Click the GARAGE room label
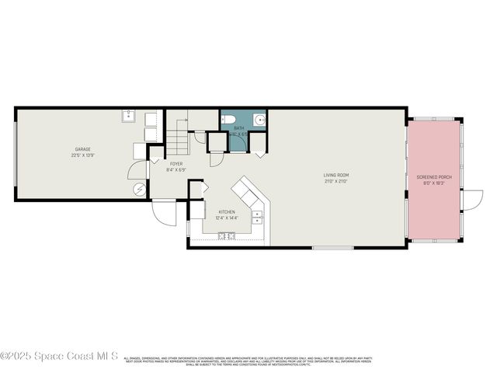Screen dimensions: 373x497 [x=83, y=149]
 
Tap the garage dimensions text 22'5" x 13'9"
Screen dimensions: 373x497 [x=83, y=155]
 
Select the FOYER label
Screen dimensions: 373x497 [x=176, y=164]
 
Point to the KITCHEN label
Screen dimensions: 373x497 [x=227, y=211]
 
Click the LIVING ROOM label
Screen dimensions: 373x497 [x=335, y=175]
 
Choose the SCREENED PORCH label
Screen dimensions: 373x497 [x=434, y=177]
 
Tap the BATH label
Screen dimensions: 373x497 [x=239, y=128]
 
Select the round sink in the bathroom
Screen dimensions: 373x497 [x=260, y=120]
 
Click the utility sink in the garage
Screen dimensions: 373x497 [x=129, y=118]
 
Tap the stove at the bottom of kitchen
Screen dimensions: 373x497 [x=226, y=236]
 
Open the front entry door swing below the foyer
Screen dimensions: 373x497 [x=165, y=211]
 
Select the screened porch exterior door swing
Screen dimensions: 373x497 [x=469, y=200]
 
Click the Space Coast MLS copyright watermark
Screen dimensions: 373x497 [x=59, y=356]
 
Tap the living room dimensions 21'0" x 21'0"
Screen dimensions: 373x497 [x=335, y=181]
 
